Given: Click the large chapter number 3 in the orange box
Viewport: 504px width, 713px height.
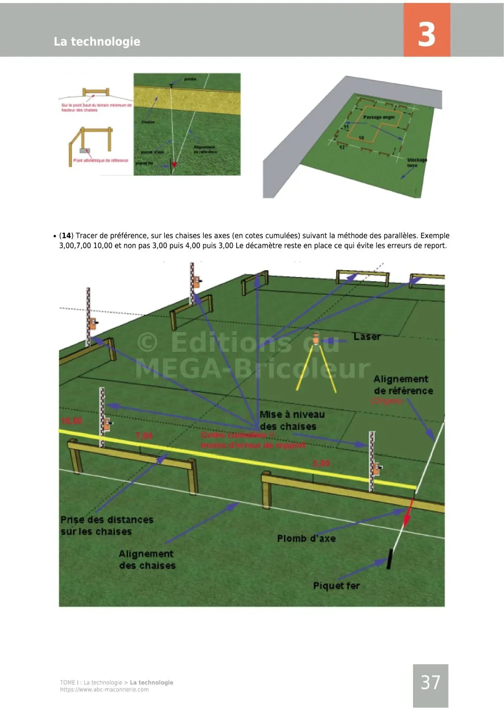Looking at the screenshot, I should [427, 34].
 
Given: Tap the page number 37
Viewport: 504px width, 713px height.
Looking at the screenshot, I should [430, 683].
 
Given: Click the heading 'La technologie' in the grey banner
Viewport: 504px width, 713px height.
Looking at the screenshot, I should [97, 41].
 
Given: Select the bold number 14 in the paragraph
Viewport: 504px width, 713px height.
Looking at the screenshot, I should [66, 236].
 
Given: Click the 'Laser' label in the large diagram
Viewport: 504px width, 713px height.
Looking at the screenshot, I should [367, 337].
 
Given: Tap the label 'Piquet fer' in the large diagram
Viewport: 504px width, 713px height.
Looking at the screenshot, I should [336, 586].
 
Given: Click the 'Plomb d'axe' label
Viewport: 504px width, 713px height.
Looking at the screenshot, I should [306, 539].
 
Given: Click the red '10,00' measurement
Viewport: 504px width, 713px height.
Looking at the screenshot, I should [72, 421].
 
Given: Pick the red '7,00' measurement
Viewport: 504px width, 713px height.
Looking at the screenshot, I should [144, 436].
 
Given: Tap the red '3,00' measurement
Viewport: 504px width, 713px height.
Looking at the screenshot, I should [321, 464].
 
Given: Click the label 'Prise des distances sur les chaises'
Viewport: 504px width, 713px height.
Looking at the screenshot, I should [106, 526].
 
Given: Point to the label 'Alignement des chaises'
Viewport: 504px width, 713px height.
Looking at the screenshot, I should [147, 560].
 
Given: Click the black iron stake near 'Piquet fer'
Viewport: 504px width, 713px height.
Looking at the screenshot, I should [390, 559].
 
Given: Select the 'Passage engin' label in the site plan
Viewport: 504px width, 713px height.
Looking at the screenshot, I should [378, 117].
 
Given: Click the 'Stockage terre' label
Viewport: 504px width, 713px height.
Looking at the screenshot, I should [416, 162].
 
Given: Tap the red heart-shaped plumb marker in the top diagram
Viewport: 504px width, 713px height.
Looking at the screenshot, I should [174, 164].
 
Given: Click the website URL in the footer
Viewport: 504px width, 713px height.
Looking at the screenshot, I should [104, 690].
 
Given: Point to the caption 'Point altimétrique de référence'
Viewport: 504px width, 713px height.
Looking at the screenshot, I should [100, 160].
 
